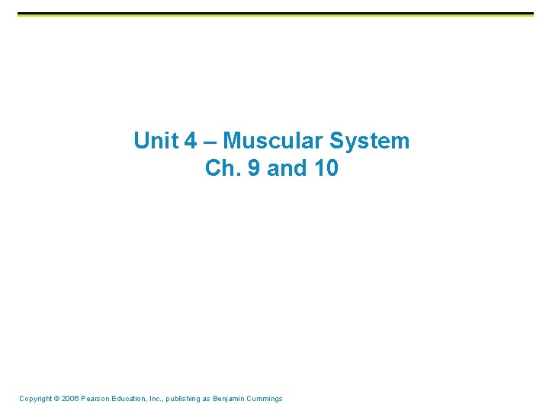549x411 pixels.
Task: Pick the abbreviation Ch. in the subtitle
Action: pos(222,168)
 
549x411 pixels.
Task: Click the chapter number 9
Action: pos(253,168)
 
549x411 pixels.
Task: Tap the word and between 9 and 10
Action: pos(287,168)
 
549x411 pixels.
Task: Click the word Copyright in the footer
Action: pos(35,399)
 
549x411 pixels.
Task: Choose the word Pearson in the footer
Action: pos(98,399)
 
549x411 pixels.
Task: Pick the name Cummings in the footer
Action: pos(268,399)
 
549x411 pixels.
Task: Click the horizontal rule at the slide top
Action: pos(274,14)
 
